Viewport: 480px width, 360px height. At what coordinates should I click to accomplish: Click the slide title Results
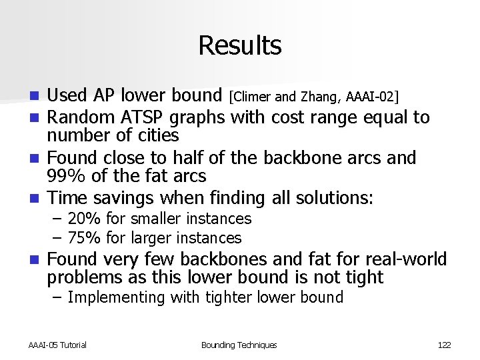(239, 45)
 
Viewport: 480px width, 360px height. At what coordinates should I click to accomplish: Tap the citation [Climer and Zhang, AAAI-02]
(313, 98)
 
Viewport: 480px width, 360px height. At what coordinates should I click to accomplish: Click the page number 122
(444, 345)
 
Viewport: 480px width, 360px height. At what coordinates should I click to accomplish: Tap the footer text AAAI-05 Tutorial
(57, 345)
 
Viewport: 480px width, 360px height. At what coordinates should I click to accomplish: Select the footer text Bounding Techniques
(239, 345)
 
